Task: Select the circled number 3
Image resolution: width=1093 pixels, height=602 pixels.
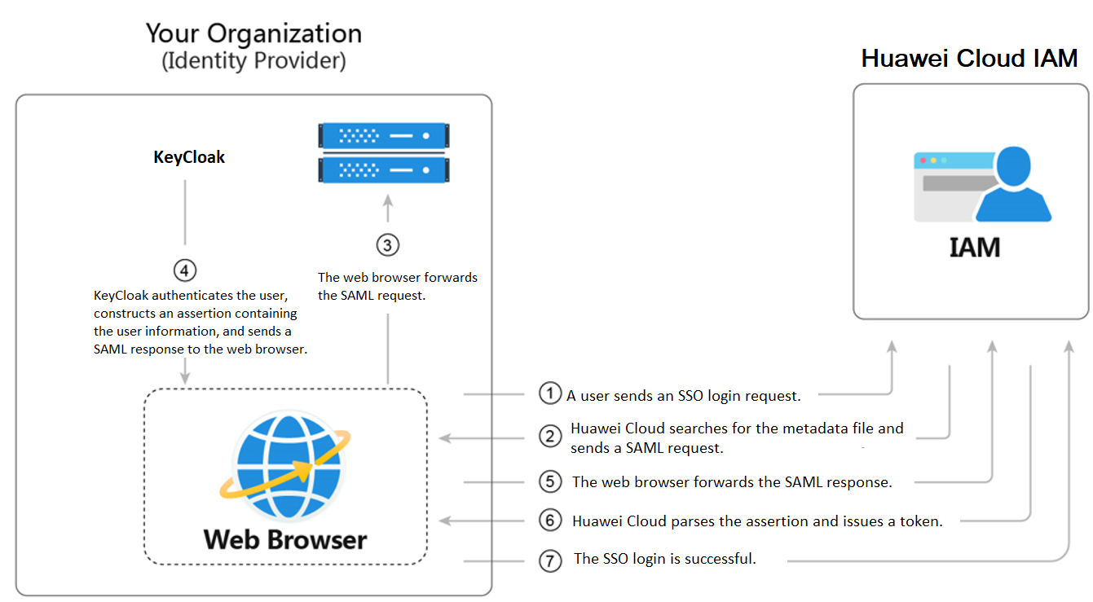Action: click(x=388, y=244)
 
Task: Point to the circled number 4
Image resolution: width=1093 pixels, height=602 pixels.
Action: click(x=185, y=269)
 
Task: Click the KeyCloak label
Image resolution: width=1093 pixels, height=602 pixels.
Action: click(x=189, y=157)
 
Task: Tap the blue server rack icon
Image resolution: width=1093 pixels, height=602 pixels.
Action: click(x=384, y=152)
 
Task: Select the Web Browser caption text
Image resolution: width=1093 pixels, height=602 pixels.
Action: click(x=285, y=539)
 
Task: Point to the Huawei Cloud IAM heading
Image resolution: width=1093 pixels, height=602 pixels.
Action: click(x=969, y=59)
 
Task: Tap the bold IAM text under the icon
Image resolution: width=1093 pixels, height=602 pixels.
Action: click(x=974, y=247)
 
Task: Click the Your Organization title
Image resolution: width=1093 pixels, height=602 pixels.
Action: click(x=253, y=33)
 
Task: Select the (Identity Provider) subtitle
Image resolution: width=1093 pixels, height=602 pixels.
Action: click(x=253, y=61)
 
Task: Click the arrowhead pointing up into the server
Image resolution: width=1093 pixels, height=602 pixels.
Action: click(x=388, y=201)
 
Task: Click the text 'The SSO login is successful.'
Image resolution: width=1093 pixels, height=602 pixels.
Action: click(x=665, y=559)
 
